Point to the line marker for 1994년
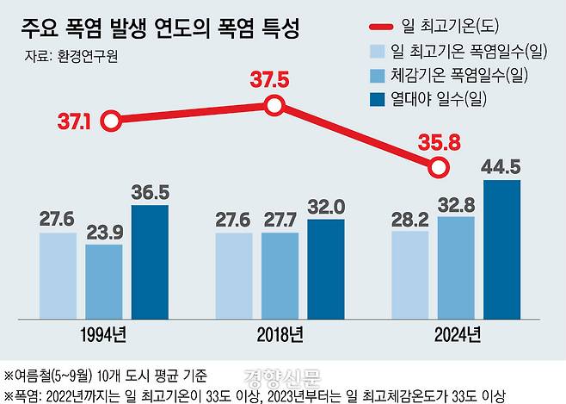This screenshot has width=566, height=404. click(109, 121)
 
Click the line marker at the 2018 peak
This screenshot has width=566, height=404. click(274, 106)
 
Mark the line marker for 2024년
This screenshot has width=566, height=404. click(439, 166)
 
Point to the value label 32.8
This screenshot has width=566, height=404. click(455, 205)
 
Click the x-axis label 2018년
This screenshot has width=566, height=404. click(280, 333)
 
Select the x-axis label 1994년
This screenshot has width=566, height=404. click(103, 333)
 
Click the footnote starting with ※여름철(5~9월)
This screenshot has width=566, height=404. click(108, 375)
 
